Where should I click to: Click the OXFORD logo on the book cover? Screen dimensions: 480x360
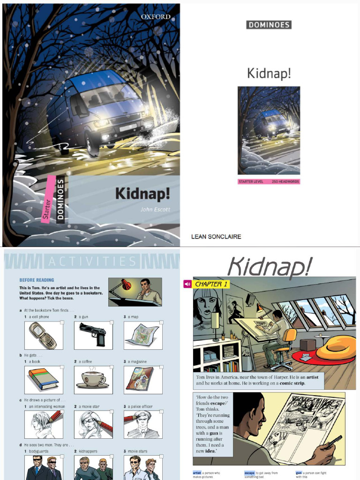(x=156, y=17)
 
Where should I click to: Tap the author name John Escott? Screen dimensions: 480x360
(x=155, y=210)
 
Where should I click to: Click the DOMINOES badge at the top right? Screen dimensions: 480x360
(x=269, y=25)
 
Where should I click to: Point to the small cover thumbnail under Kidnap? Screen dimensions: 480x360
(x=269, y=130)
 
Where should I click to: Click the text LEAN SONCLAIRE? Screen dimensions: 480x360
(x=216, y=237)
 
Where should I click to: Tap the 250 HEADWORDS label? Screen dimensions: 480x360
(x=285, y=181)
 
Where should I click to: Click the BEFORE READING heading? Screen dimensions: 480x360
(x=37, y=280)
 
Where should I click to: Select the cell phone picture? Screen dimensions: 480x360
(x=43, y=336)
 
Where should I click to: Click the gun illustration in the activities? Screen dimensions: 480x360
(x=93, y=335)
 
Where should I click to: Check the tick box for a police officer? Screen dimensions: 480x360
(x=161, y=412)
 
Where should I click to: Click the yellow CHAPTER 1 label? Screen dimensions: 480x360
(x=212, y=284)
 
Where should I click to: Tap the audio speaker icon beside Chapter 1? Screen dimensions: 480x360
(x=187, y=284)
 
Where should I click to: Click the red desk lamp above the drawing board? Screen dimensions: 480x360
(x=259, y=307)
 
